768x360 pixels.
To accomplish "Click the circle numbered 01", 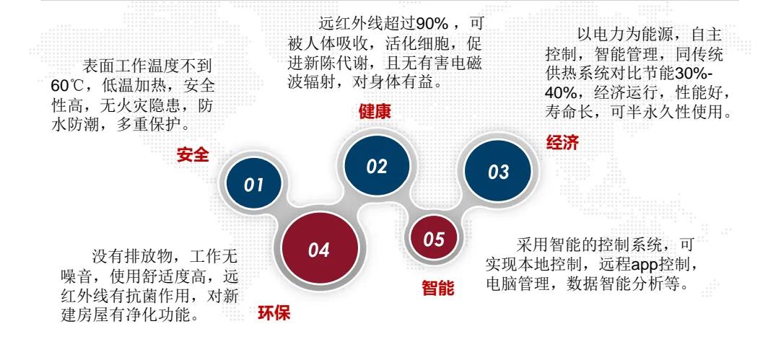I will pos(253,183).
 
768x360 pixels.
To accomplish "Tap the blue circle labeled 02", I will pos(376,166).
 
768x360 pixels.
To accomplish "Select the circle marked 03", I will pos(498,172).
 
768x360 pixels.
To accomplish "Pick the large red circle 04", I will pos(319,250).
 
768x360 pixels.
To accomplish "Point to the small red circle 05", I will pos(433,240).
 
